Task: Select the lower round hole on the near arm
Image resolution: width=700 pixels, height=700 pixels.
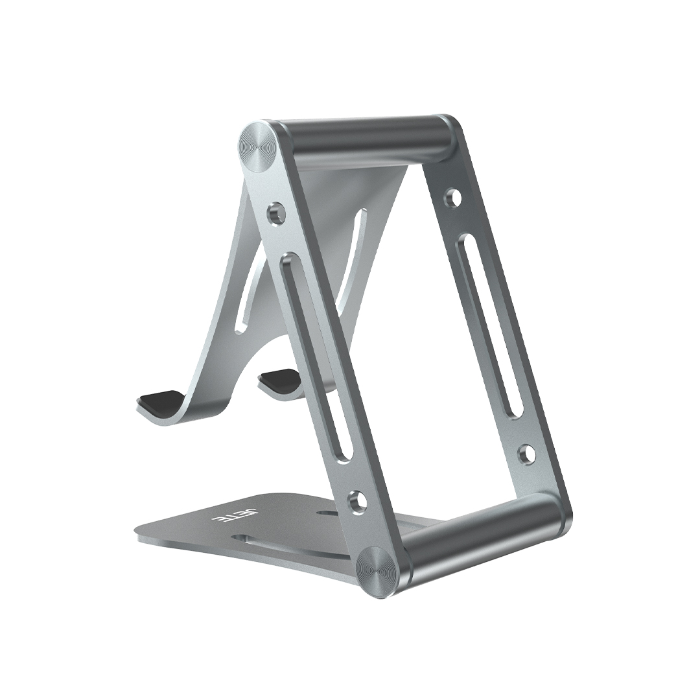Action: click(355, 500)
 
